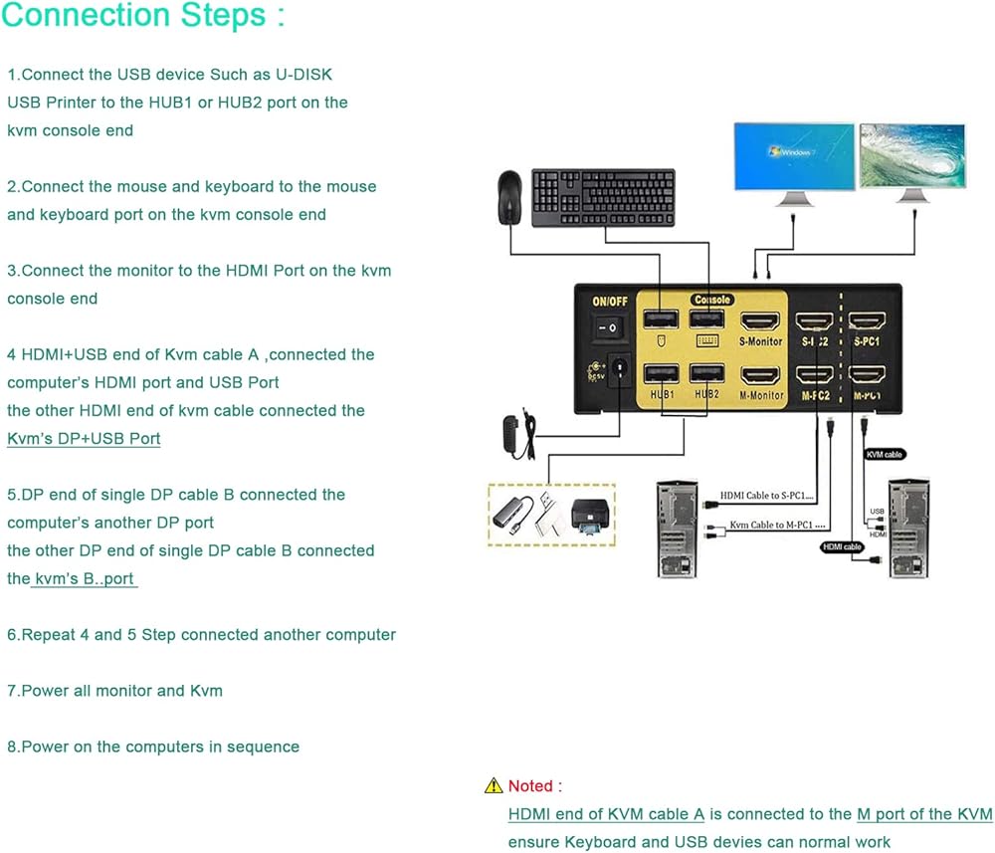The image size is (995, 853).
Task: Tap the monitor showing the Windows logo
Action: coord(794,156)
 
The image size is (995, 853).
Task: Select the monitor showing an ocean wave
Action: coord(912,156)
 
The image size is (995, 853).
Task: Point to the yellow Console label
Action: coord(712,300)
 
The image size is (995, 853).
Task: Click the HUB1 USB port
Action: coord(661,375)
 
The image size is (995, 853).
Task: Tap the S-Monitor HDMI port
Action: coord(761,321)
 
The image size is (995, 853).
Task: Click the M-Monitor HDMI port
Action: coord(761,376)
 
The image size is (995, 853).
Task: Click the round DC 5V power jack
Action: coord(620,368)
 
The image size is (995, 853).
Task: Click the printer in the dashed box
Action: coord(588,517)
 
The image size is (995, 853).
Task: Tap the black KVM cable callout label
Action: coord(885,454)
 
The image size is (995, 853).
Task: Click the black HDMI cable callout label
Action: coord(842,546)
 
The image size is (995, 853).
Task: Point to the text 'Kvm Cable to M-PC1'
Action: coord(772,525)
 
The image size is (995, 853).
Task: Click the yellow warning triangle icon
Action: coord(494,786)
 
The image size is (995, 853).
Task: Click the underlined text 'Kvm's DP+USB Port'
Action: coord(84,438)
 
